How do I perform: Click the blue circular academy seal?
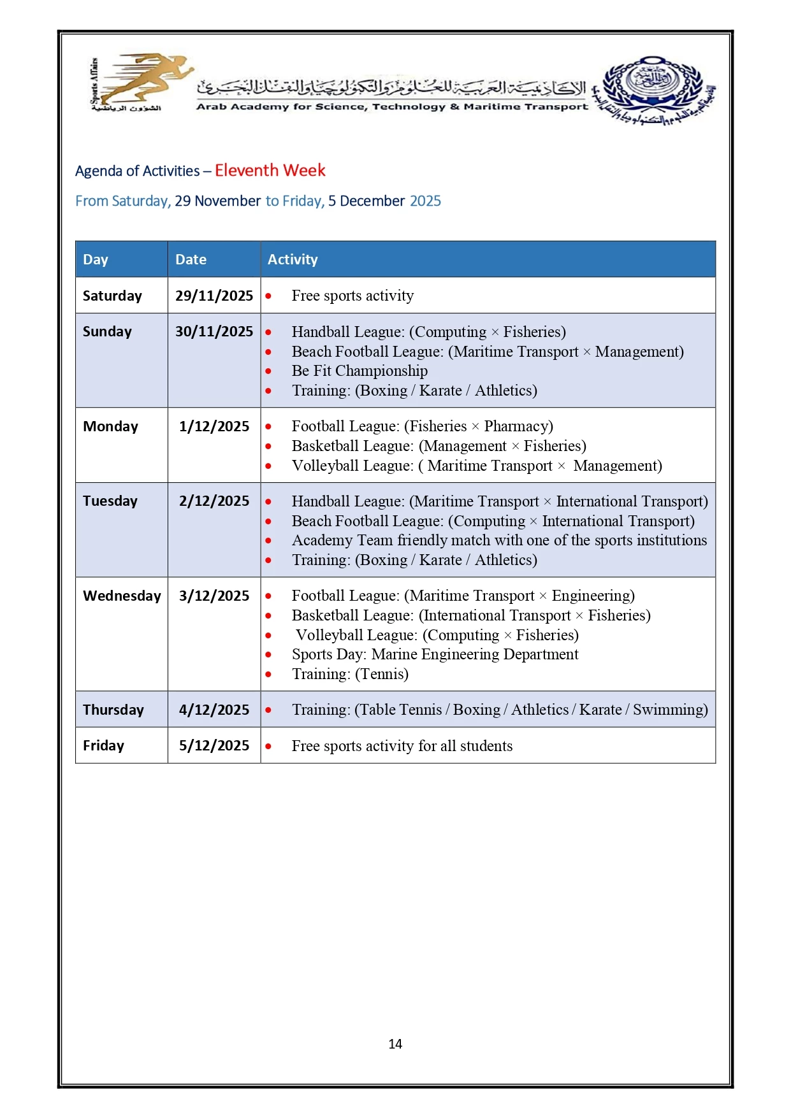(x=653, y=86)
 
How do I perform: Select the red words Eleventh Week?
(x=270, y=171)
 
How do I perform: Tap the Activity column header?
(x=293, y=259)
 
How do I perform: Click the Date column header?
(x=191, y=259)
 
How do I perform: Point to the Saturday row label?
(x=112, y=296)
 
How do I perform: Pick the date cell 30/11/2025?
(x=214, y=332)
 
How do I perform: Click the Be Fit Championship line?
(x=359, y=371)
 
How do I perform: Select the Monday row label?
(x=110, y=427)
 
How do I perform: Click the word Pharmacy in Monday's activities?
(x=518, y=426)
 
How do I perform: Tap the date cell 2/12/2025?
(x=214, y=501)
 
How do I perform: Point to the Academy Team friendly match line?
(x=499, y=540)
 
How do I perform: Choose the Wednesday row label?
(x=122, y=596)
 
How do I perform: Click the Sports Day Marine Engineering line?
(x=435, y=654)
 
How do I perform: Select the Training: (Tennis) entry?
(x=350, y=674)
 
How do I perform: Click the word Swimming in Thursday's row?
(x=669, y=710)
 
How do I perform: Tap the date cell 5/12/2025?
(x=214, y=746)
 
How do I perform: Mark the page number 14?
(x=395, y=1044)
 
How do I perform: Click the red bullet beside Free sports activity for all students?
(x=268, y=747)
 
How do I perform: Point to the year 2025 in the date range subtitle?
(x=425, y=201)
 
